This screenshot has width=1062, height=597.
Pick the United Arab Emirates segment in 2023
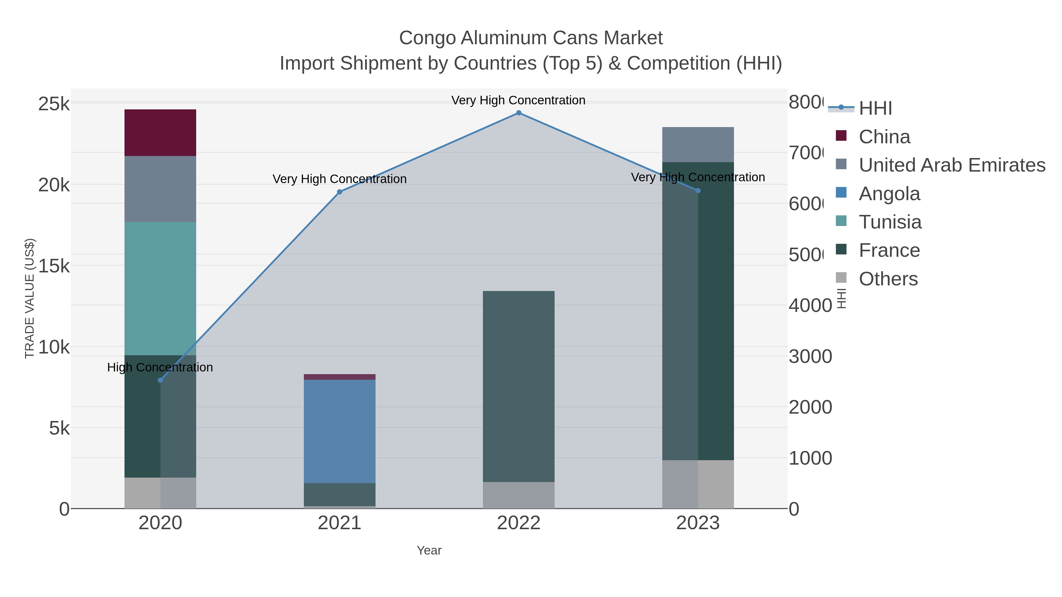(698, 145)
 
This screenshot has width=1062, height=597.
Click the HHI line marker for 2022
(519, 113)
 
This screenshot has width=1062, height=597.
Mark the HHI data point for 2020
(160, 380)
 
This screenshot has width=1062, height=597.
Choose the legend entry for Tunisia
(890, 222)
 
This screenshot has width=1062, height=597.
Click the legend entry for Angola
(889, 194)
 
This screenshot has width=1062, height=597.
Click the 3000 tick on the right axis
(810, 356)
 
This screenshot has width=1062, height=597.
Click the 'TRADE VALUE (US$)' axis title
(30, 298)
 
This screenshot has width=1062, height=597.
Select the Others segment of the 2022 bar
(518, 494)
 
